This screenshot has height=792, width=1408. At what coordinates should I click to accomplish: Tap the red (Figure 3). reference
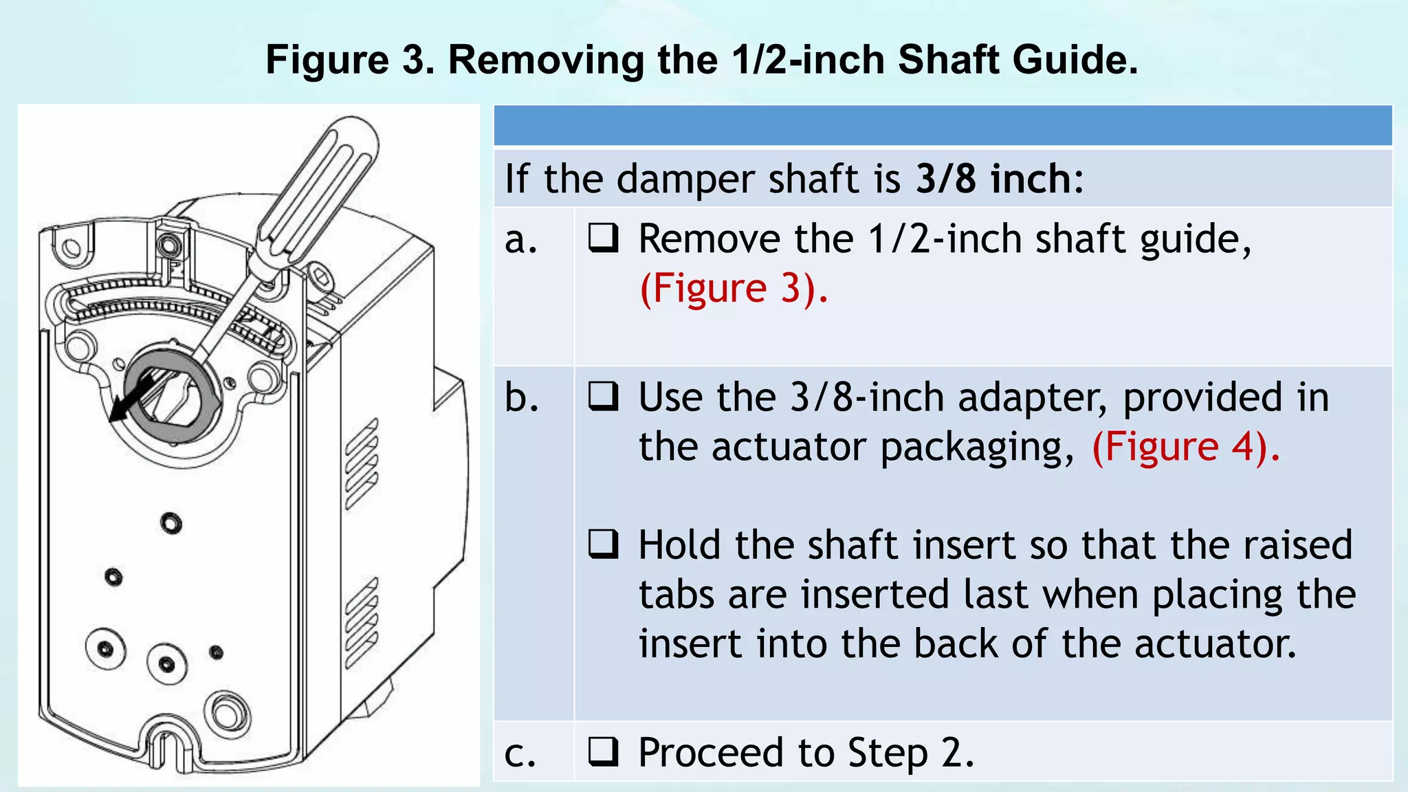pos(734,288)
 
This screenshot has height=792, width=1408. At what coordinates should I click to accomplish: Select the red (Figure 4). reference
pos(1186,447)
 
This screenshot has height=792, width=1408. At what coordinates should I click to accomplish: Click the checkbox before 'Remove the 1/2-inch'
pos(603,239)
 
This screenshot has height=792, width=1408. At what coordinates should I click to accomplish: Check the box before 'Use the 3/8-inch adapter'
pos(603,397)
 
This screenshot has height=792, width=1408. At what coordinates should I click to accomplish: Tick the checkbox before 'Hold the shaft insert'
pos(603,544)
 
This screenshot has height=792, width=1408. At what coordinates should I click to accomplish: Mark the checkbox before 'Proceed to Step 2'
pos(603,751)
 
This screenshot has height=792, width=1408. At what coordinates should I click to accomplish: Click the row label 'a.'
pos(520,241)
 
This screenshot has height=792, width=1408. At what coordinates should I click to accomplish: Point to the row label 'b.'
pos(520,397)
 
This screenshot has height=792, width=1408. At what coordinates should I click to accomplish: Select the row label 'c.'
pos(519,754)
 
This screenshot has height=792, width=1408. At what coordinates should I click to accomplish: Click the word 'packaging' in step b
pos(976,449)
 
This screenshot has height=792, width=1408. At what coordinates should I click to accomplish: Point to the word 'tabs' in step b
pos(676,594)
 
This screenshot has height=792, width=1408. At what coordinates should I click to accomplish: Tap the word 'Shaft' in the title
pos(948,60)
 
